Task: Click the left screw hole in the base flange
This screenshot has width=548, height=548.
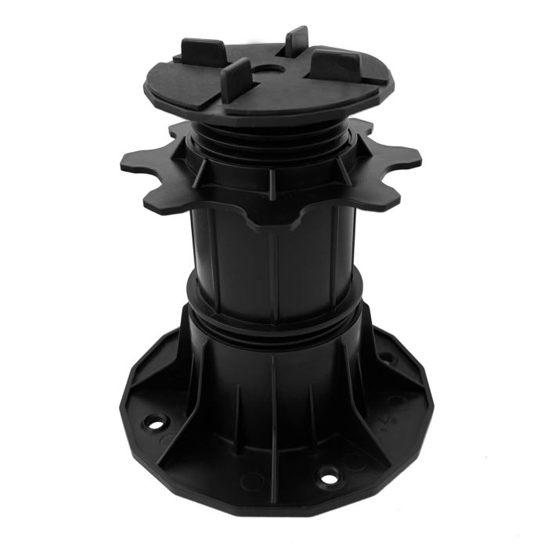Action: coord(157,424)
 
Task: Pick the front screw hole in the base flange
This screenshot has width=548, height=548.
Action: coord(326,475)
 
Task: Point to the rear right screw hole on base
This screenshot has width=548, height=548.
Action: coord(384,358)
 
